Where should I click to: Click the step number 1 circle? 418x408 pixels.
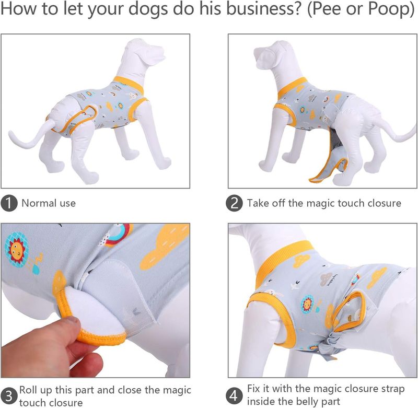pyautogui.click(x=9, y=203)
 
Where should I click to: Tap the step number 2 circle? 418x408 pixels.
pyautogui.click(x=234, y=203)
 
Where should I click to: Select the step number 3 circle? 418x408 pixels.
pyautogui.click(x=9, y=396)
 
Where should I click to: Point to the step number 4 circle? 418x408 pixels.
pyautogui.click(x=234, y=395)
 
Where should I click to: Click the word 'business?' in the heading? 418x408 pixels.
pyautogui.click(x=263, y=8)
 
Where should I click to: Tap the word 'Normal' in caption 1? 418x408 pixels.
pyautogui.click(x=39, y=203)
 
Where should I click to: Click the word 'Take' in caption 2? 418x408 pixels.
pyautogui.click(x=257, y=203)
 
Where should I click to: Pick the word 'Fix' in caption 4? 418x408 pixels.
pyautogui.click(x=254, y=389)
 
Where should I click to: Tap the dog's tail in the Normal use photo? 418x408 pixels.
pyautogui.click(x=29, y=134)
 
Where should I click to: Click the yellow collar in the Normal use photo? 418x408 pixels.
pyautogui.click(x=129, y=85)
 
